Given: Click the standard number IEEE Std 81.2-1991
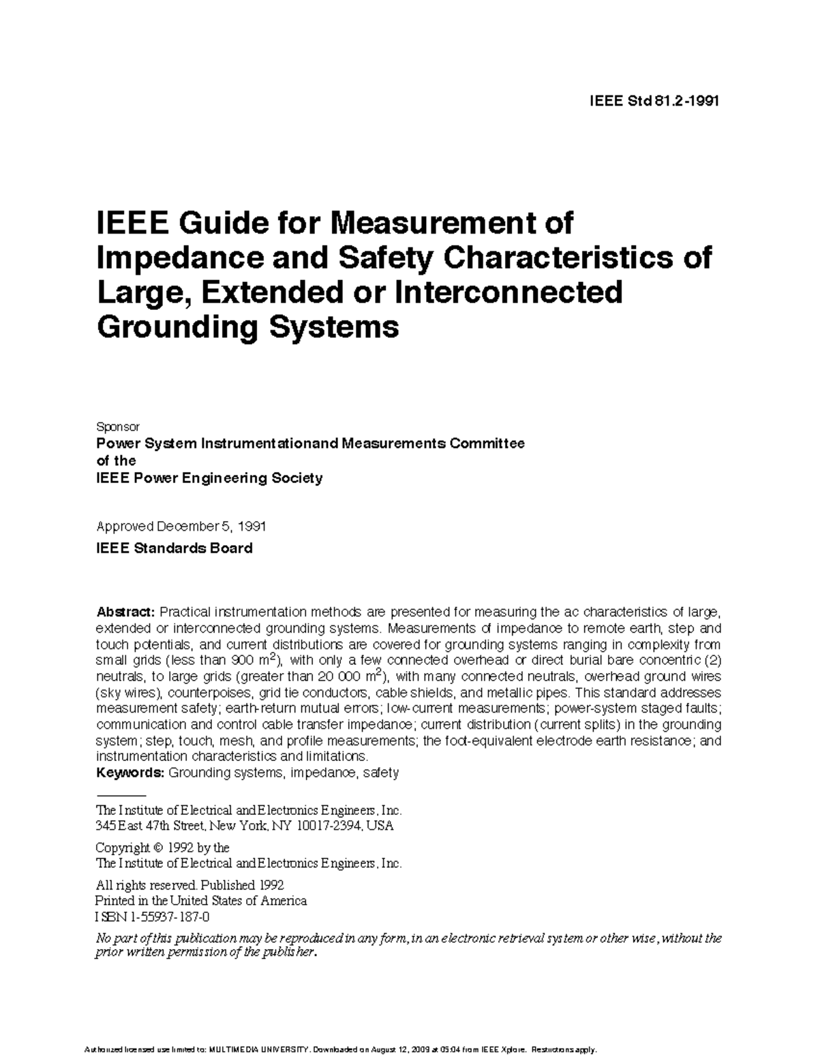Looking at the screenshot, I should pos(654,102).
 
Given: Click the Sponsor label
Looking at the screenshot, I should pos(118,426).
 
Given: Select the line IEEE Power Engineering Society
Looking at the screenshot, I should pos(209,478).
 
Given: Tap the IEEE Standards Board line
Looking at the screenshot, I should pos(175,548).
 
